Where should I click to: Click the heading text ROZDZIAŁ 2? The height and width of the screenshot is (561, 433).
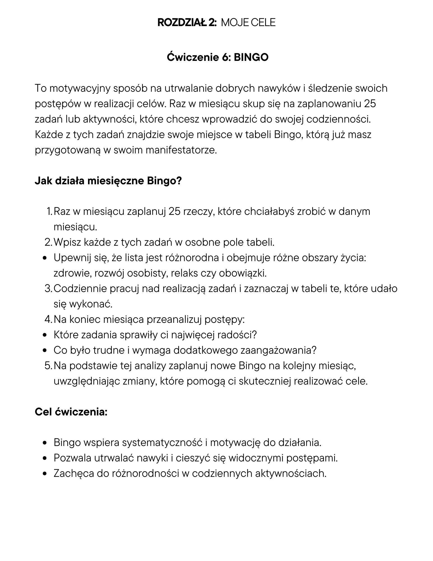click(x=187, y=22)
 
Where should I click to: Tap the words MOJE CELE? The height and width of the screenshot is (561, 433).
click(x=248, y=22)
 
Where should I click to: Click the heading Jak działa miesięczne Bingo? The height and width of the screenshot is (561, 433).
click(x=108, y=181)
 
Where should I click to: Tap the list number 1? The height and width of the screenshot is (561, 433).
click(x=49, y=211)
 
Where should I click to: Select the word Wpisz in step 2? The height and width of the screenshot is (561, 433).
click(x=67, y=242)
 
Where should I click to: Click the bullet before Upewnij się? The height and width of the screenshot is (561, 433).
click(x=45, y=258)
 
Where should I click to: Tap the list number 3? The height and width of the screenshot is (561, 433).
click(x=48, y=288)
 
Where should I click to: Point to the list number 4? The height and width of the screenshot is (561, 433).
click(x=48, y=319)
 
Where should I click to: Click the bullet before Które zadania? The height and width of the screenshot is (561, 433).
click(x=45, y=335)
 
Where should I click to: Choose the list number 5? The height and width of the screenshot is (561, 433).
click(x=48, y=365)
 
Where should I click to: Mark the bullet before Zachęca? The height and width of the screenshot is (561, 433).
click(x=45, y=474)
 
